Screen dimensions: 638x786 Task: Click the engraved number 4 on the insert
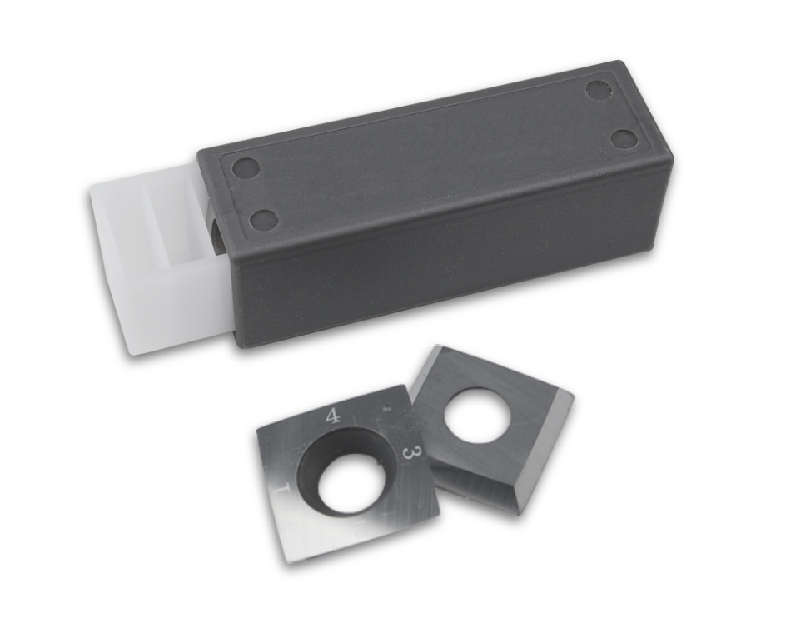point(332,416)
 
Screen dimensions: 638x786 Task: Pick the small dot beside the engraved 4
point(385,409)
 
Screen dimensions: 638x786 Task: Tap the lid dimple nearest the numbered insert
point(263,220)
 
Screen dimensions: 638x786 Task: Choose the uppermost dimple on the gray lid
point(599,89)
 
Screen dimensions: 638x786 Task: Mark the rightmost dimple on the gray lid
point(622,137)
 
